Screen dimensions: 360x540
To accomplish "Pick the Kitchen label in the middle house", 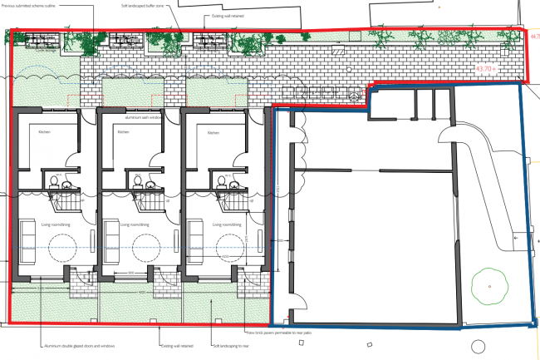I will coord(124,132).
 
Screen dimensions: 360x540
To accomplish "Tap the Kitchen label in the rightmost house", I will coord(214,132).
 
